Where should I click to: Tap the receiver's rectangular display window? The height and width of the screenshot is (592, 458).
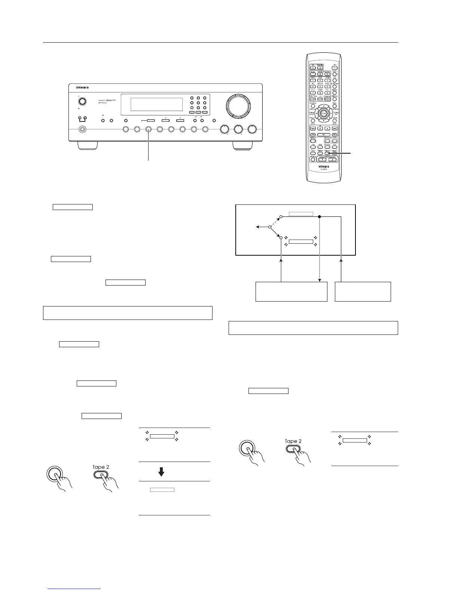coord(156,105)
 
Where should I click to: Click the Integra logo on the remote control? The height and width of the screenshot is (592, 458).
coord(324,167)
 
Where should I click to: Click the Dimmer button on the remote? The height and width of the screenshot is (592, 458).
coord(335,99)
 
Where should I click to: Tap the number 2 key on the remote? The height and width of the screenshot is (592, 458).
coord(320,80)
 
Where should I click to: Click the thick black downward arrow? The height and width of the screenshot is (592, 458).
coord(161,472)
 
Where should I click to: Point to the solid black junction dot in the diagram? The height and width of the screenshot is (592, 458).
coord(320,216)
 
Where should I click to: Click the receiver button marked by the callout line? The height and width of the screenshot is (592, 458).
coord(149,129)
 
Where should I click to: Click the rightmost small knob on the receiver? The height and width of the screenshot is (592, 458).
coord(253,129)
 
